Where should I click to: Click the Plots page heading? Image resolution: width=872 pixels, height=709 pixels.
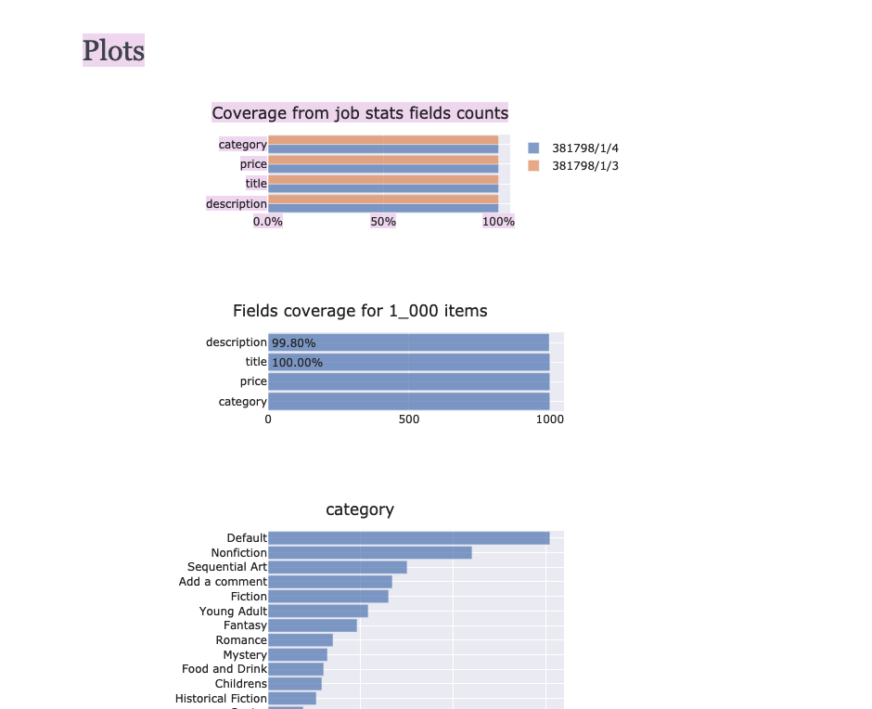point(113,50)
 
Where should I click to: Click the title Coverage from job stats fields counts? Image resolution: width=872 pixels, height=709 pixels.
point(360,113)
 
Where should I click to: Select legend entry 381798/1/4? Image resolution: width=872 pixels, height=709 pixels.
point(584,148)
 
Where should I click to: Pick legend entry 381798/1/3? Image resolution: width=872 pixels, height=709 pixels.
point(584,166)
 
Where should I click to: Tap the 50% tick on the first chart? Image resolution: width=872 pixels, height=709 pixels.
point(383,222)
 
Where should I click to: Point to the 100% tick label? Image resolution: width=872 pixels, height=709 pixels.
point(498,222)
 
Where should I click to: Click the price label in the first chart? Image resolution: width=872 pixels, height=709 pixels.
point(253,164)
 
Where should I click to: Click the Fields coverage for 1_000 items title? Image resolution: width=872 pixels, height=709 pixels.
point(360,311)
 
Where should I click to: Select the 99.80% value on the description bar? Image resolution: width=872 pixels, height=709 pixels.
point(293,343)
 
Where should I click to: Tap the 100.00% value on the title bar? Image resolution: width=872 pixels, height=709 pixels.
point(297,363)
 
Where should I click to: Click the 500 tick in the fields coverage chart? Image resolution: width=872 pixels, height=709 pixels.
point(409,419)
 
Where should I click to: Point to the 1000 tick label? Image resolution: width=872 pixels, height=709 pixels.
point(549,419)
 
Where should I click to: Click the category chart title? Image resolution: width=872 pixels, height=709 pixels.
point(360,509)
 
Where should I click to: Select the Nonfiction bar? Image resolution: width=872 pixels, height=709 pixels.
point(369,553)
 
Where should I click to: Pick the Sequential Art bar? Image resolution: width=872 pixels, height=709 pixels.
point(337,567)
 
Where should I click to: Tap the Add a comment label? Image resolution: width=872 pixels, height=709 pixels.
point(223,582)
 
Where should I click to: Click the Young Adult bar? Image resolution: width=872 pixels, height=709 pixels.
point(317,612)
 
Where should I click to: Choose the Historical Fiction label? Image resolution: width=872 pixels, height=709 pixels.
point(221,699)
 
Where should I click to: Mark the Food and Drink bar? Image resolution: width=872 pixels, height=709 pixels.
point(295,669)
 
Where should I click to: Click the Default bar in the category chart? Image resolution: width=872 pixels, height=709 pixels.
point(408,538)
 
